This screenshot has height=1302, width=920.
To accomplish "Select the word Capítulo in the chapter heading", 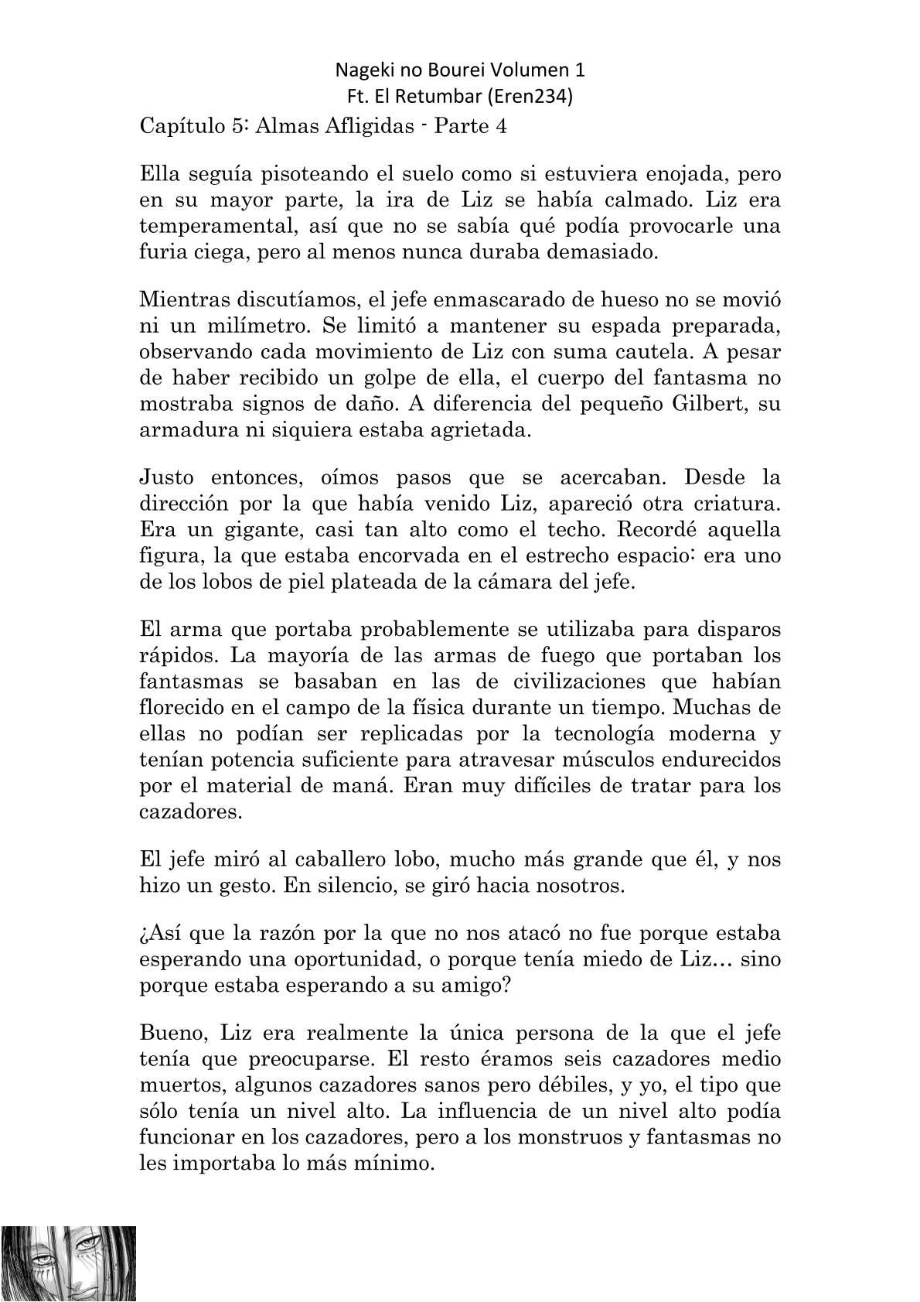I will coord(179,127).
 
